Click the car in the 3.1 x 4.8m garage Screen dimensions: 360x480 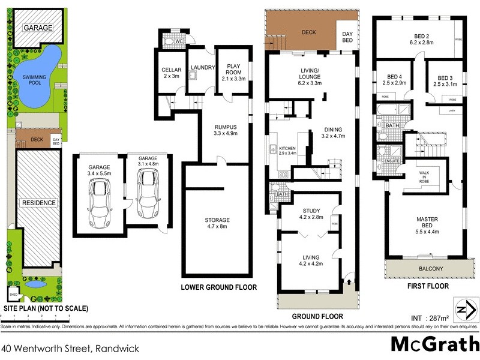coord(146,193)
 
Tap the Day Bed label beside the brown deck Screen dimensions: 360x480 coord(347,37)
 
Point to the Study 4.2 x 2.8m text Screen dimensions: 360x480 coord(311,214)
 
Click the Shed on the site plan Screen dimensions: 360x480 coord(13,295)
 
